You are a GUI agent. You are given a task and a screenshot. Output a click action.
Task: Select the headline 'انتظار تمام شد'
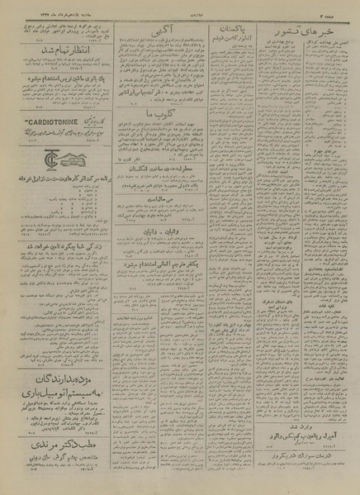67,57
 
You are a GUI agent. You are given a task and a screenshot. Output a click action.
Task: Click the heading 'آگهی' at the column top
163,24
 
